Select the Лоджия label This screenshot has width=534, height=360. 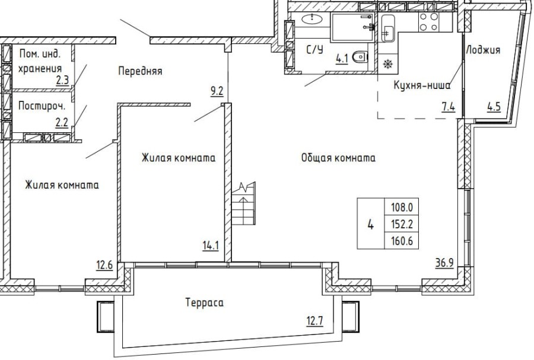click(x=483, y=50)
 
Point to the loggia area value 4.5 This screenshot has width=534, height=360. click(x=493, y=107)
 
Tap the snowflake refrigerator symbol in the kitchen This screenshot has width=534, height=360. click(x=387, y=64)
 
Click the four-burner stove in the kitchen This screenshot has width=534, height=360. click(x=429, y=22)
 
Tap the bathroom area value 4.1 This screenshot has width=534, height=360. click(x=342, y=58)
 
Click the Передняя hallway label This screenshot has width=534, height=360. click(x=140, y=71)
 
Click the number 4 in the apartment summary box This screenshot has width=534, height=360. click(x=371, y=224)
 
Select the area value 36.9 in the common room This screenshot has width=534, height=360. click(x=443, y=263)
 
